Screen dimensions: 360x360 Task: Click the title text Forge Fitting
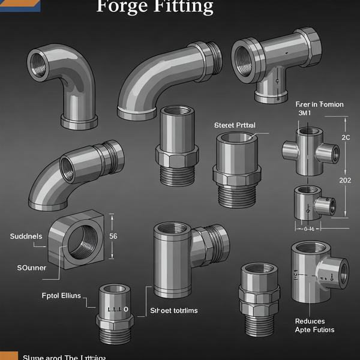pyautogui.click(x=155, y=7)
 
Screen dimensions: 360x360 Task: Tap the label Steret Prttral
pyautogui.click(x=235, y=125)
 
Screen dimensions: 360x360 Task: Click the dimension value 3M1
pyautogui.click(x=306, y=113)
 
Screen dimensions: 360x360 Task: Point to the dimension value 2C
pyautogui.click(x=346, y=137)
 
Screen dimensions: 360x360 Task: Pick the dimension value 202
pyautogui.click(x=345, y=180)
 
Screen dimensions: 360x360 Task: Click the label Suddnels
pyautogui.click(x=26, y=236)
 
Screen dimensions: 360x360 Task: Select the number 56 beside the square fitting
pyautogui.click(x=113, y=236)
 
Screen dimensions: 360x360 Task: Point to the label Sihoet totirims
pyautogui.click(x=173, y=311)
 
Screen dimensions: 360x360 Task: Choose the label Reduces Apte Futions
pyautogui.click(x=314, y=325)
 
